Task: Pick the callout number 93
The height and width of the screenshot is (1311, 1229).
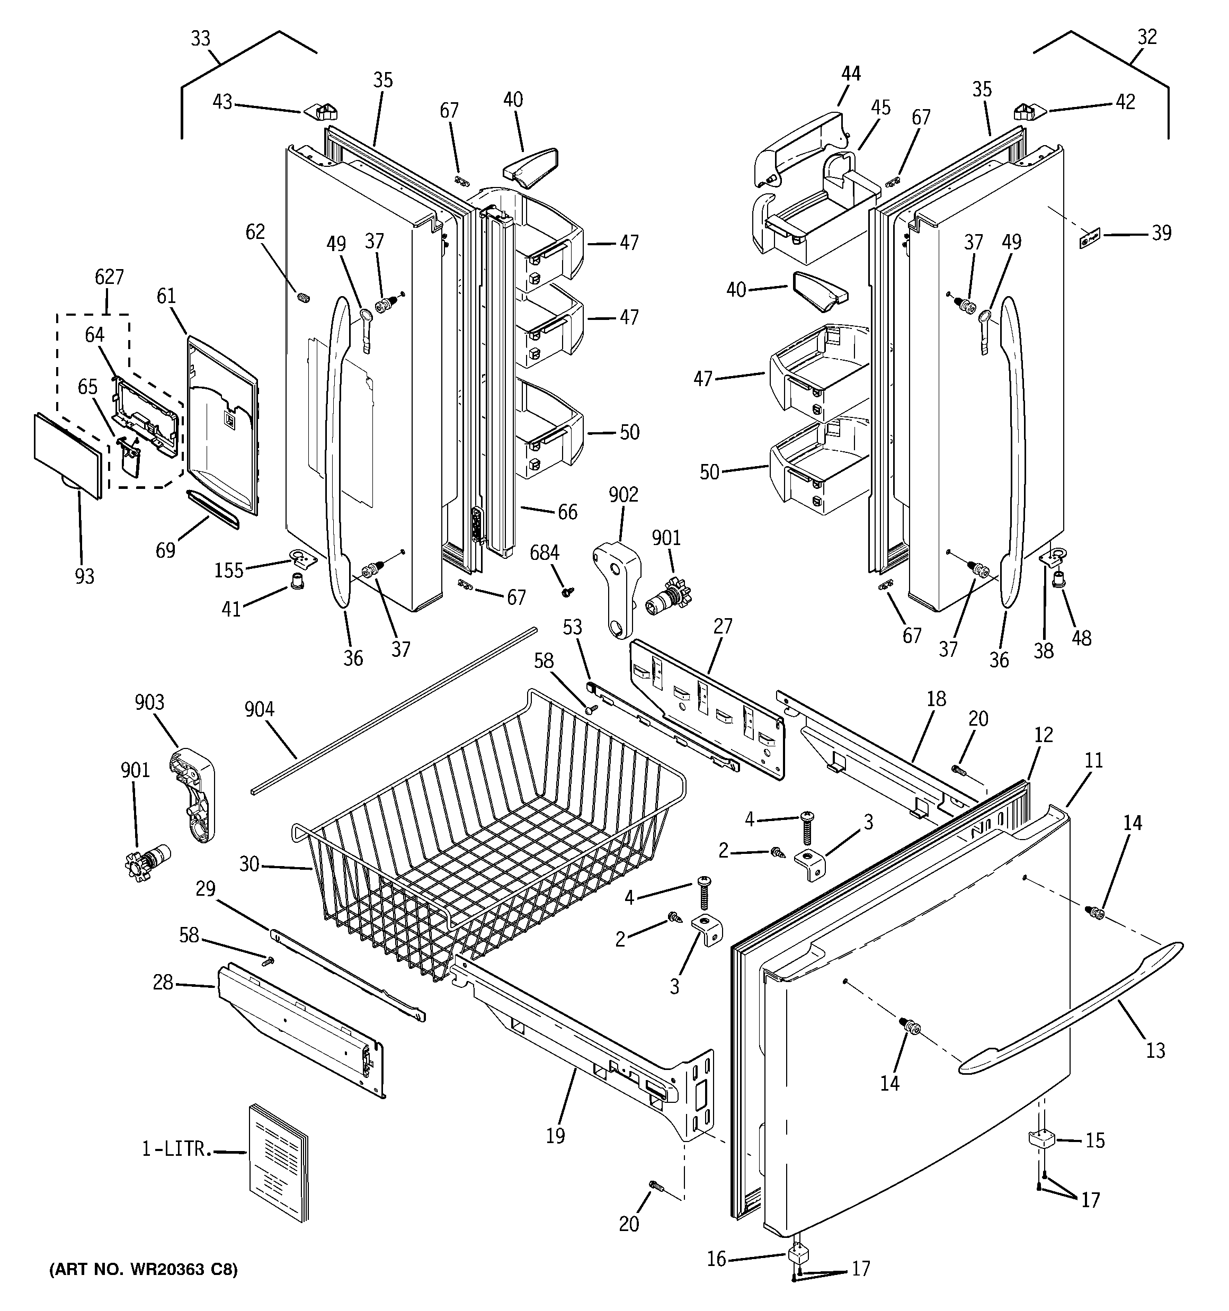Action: [x=84, y=576]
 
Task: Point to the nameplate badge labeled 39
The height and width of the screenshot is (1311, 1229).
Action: [x=1090, y=239]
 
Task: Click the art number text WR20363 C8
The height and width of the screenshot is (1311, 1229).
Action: [x=143, y=1270]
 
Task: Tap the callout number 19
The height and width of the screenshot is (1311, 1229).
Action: [x=556, y=1136]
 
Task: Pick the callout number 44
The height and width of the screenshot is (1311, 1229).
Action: [x=851, y=73]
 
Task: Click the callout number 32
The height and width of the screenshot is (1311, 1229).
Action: [x=1147, y=37]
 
